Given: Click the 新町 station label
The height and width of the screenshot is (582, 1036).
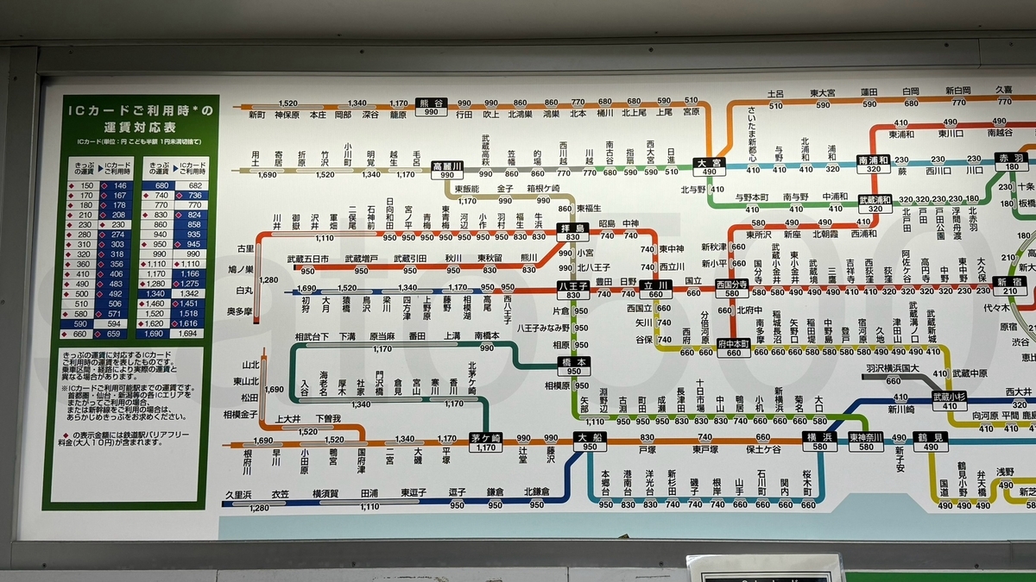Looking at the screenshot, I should (x=257, y=114).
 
